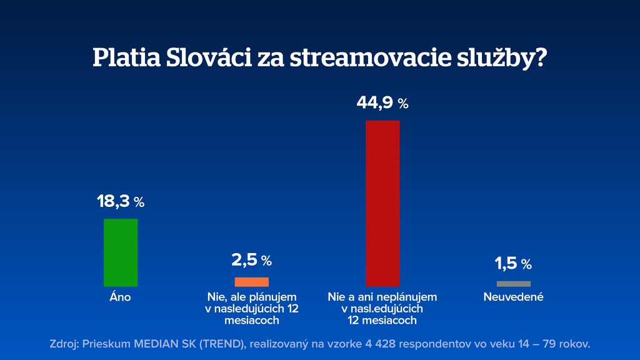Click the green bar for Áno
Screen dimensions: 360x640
(x=121, y=252)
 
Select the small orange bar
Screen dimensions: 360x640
(x=251, y=282)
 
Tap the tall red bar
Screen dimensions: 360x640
(x=382, y=203)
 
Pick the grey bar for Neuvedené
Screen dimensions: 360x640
(x=513, y=284)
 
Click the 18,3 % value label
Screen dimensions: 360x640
(x=120, y=202)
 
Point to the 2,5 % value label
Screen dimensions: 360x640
(x=251, y=260)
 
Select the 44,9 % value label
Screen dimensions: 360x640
(x=382, y=103)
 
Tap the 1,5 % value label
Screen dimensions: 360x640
(x=513, y=264)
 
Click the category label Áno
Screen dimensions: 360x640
(x=121, y=297)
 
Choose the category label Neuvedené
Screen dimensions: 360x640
(x=513, y=297)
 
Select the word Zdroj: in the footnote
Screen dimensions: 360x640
(x=64, y=344)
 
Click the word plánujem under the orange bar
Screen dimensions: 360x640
(x=271, y=297)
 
